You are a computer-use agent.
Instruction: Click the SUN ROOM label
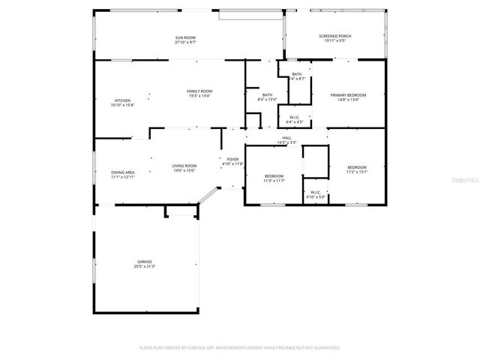pos(185,37)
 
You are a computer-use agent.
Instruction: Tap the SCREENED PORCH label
pos(334,36)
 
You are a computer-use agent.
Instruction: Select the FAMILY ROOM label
pos(199,91)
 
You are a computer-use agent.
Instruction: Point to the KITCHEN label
pos(122,100)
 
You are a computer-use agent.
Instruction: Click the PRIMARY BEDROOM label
pos(349,95)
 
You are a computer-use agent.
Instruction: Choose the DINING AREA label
pos(123,172)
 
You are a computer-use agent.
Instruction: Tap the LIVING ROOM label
pos(184,166)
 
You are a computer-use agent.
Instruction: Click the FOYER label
pos(233,159)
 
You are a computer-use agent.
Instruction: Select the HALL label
pos(286,138)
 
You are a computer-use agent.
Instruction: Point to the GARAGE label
pos(144,262)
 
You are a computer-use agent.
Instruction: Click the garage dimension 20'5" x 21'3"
pos(144,266)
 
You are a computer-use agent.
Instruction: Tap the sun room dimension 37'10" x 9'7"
pos(185,42)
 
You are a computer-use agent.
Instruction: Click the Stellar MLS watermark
pos(467,180)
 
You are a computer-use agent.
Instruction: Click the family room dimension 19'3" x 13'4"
pos(199,96)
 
